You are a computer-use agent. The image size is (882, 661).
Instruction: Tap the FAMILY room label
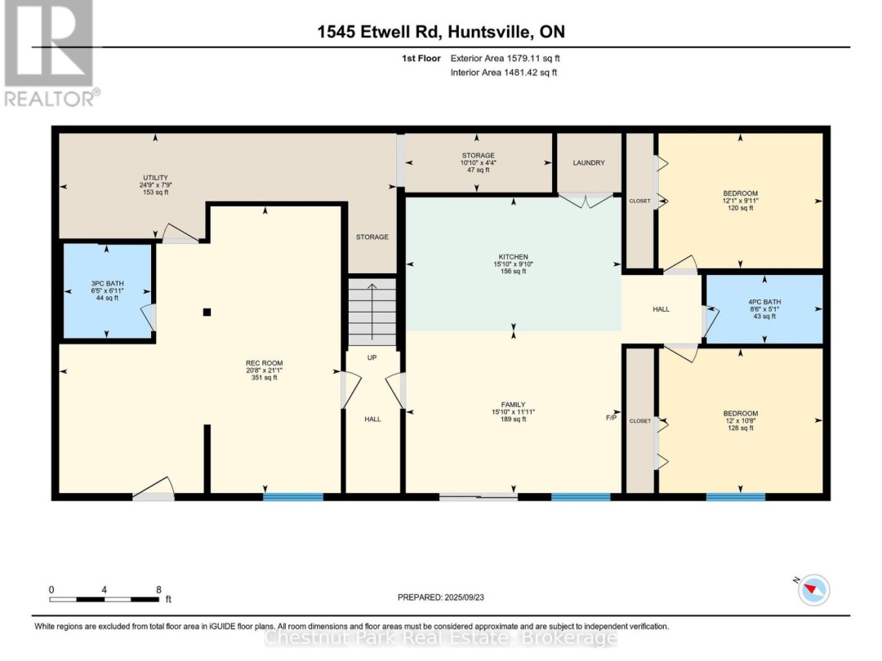pos(513,405)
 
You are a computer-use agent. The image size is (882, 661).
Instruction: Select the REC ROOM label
pos(264,363)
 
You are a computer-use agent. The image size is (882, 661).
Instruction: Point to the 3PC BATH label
pos(107,283)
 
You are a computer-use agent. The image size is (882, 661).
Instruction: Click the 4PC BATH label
pos(764,301)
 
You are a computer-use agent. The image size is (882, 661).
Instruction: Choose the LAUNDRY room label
pos(588,163)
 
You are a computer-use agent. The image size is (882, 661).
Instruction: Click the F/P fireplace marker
pos(611,418)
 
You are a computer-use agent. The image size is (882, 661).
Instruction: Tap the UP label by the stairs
pos(372,357)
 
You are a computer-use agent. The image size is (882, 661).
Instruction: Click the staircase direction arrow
pos(372,310)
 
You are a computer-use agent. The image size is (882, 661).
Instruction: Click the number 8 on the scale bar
pos(158,589)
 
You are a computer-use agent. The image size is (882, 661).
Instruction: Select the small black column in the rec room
pos(207,312)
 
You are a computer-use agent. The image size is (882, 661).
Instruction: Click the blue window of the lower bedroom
pos(735,496)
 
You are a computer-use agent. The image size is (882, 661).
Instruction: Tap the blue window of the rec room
pos(292,496)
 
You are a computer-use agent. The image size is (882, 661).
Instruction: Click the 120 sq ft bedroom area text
pos(740,208)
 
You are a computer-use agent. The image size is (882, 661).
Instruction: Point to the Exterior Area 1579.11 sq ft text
pos(504,59)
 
